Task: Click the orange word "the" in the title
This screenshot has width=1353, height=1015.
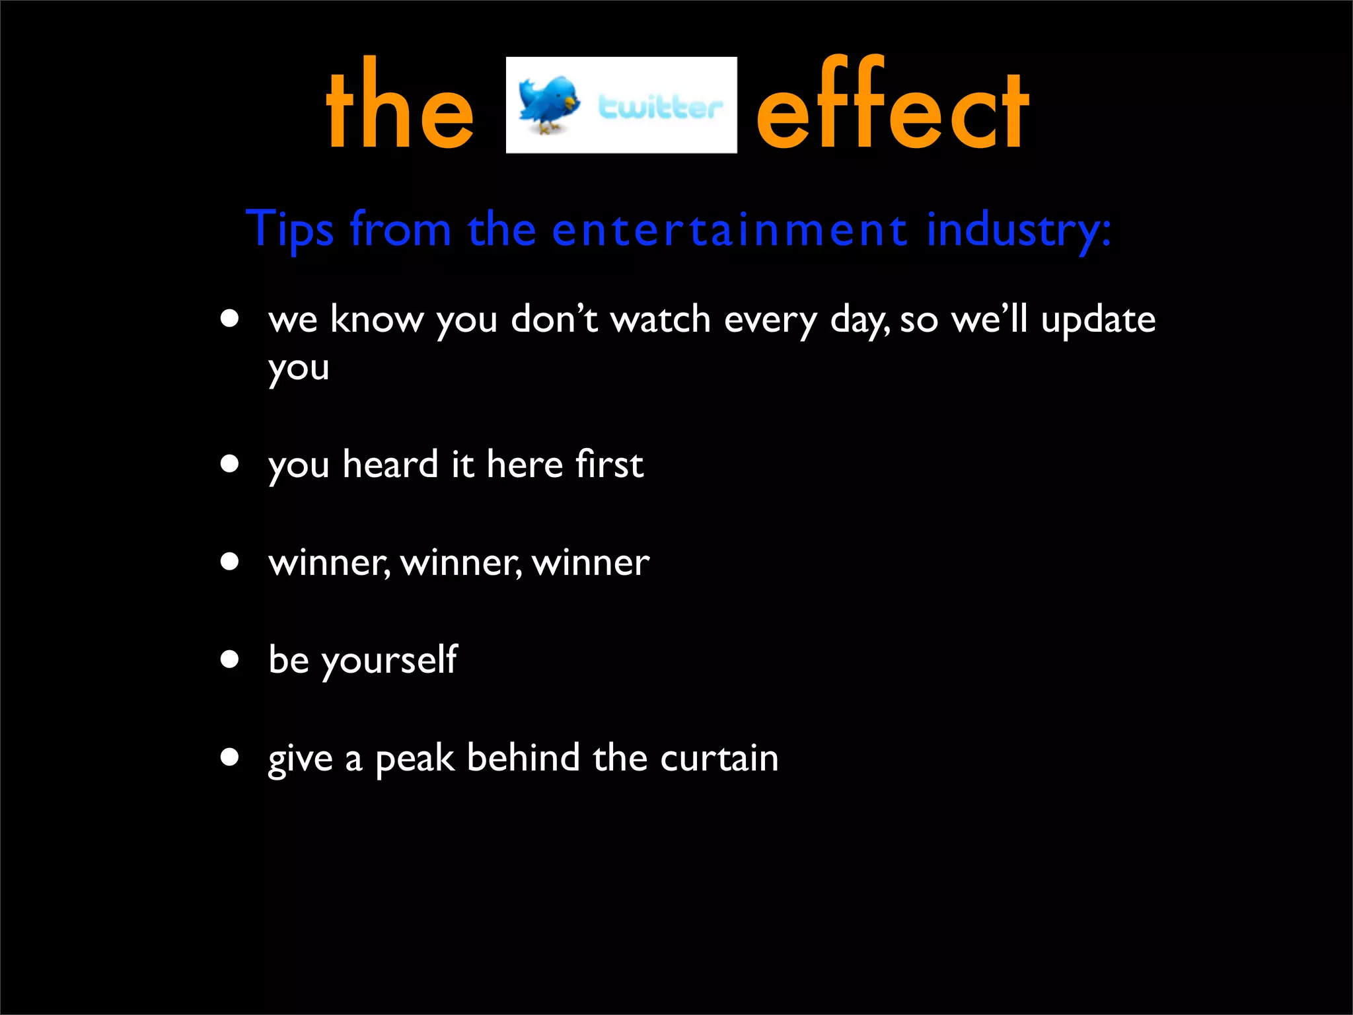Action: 400,106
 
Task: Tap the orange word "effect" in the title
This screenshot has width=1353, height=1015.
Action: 893,106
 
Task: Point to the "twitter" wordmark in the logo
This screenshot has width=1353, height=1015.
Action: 659,107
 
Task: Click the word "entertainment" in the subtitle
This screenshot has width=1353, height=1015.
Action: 729,230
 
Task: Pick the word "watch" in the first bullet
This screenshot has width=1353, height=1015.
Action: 660,320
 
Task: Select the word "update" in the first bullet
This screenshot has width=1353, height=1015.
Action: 1098,320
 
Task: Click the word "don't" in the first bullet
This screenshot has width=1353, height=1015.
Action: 554,320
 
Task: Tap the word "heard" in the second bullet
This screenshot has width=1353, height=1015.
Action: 390,464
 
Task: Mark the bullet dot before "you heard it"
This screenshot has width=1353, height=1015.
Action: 230,464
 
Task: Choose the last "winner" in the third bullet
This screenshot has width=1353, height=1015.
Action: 591,563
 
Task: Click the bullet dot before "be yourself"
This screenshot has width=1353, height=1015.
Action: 230,659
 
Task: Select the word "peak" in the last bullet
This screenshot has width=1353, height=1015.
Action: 414,759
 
